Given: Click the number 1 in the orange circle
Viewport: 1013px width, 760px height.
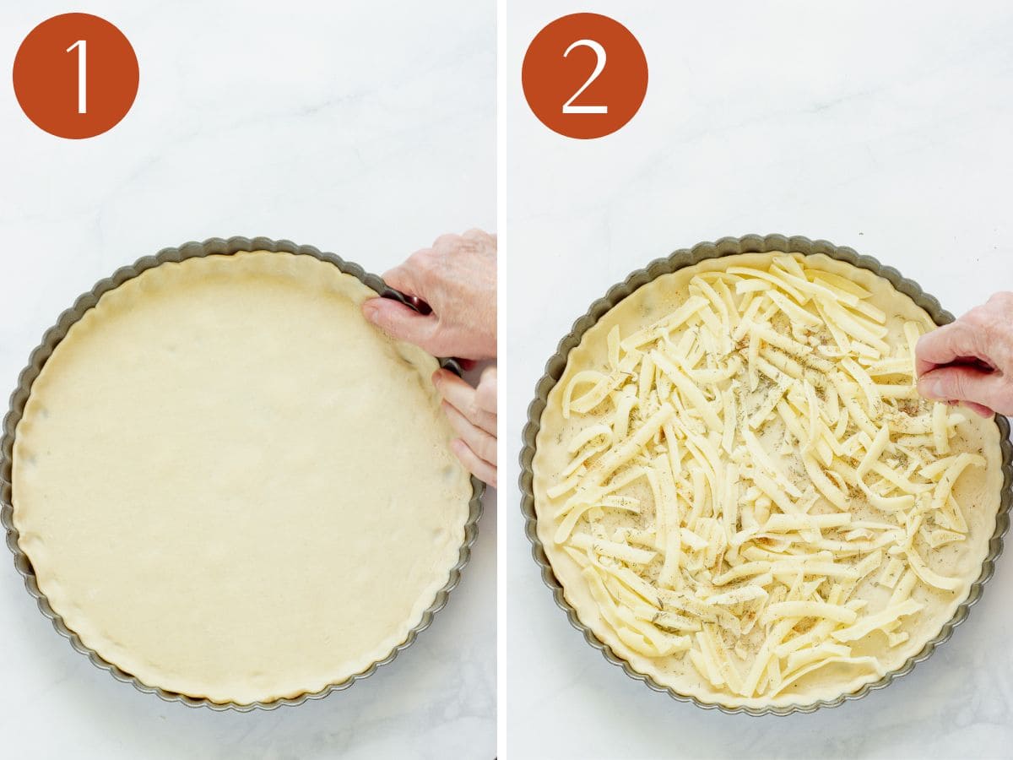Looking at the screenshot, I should (78, 76).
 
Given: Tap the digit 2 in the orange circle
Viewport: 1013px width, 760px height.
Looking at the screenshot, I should (584, 76).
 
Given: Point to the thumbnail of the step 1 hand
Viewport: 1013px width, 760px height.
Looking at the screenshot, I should (372, 309).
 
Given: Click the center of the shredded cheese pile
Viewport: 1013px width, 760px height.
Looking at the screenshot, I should (760, 481).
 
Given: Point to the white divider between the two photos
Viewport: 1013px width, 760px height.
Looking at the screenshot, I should (501, 380).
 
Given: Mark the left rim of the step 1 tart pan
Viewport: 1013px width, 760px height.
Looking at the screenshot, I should (7, 473).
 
